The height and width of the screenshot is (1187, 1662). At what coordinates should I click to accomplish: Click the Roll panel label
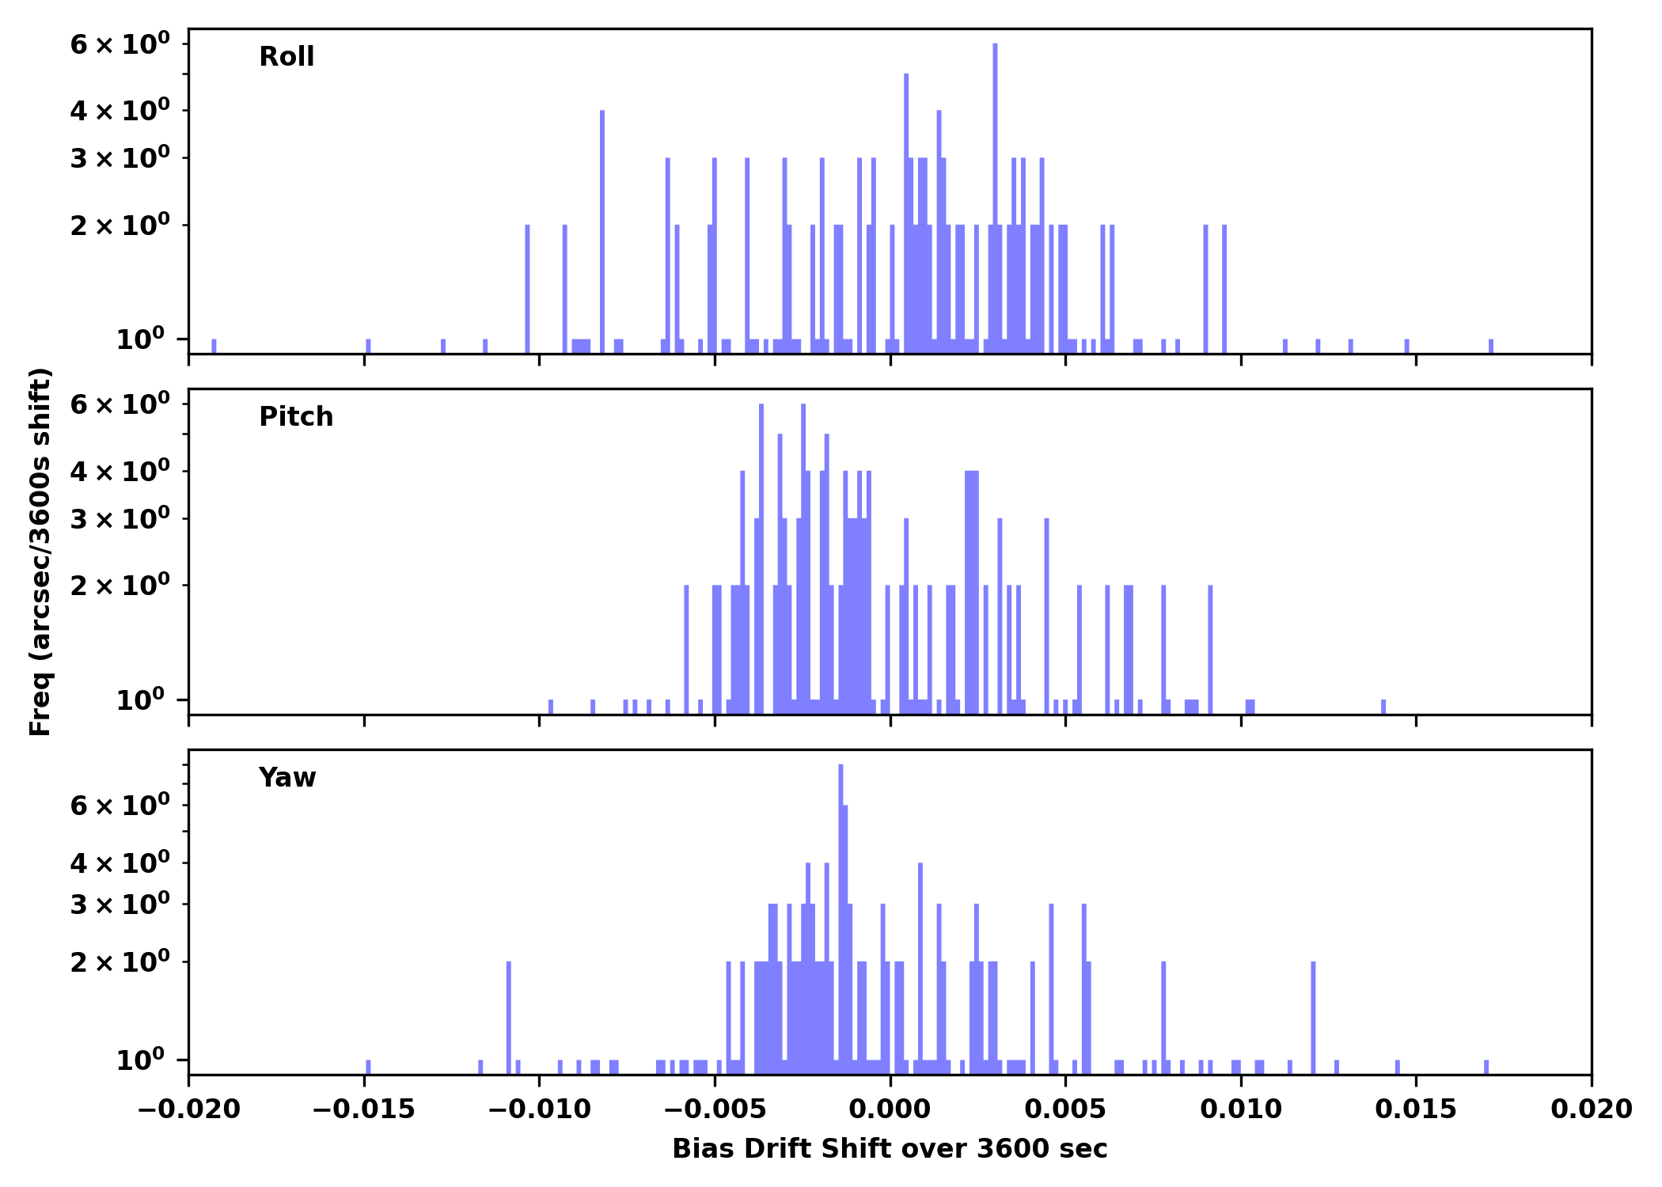(x=286, y=57)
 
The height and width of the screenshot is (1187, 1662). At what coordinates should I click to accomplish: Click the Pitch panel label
(x=296, y=417)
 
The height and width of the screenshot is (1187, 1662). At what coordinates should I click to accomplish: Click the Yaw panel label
(x=286, y=778)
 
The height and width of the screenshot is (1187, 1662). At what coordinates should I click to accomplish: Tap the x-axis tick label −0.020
(x=188, y=1109)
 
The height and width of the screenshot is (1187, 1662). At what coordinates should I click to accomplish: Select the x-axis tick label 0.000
(x=890, y=1109)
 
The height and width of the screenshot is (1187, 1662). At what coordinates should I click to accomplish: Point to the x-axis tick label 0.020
(x=1591, y=1109)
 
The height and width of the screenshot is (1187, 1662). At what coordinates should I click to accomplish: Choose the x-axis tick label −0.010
(x=539, y=1109)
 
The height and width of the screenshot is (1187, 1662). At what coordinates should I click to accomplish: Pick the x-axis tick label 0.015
(x=1416, y=1109)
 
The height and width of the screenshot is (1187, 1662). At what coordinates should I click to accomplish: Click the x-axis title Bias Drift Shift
(x=890, y=1149)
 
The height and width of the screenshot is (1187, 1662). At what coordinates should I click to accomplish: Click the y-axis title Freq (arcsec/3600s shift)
(x=40, y=552)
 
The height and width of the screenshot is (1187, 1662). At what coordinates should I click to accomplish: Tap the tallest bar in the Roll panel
(x=995, y=198)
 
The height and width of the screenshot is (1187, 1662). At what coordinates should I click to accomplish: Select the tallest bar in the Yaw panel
(x=840, y=910)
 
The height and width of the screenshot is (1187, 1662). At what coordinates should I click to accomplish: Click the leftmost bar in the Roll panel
(x=214, y=346)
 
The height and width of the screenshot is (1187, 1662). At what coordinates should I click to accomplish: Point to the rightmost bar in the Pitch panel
(x=1383, y=707)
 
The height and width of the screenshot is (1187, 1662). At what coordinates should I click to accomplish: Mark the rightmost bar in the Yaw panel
(x=1486, y=1067)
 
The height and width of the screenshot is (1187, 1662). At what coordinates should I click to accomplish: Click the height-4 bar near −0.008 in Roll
(x=602, y=229)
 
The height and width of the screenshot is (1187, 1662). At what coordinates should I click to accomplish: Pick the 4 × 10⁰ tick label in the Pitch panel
(x=120, y=472)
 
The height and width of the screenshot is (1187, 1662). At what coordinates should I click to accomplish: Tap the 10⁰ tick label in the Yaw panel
(x=140, y=1060)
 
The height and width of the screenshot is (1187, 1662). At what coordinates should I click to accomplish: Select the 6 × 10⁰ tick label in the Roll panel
(x=120, y=44)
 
